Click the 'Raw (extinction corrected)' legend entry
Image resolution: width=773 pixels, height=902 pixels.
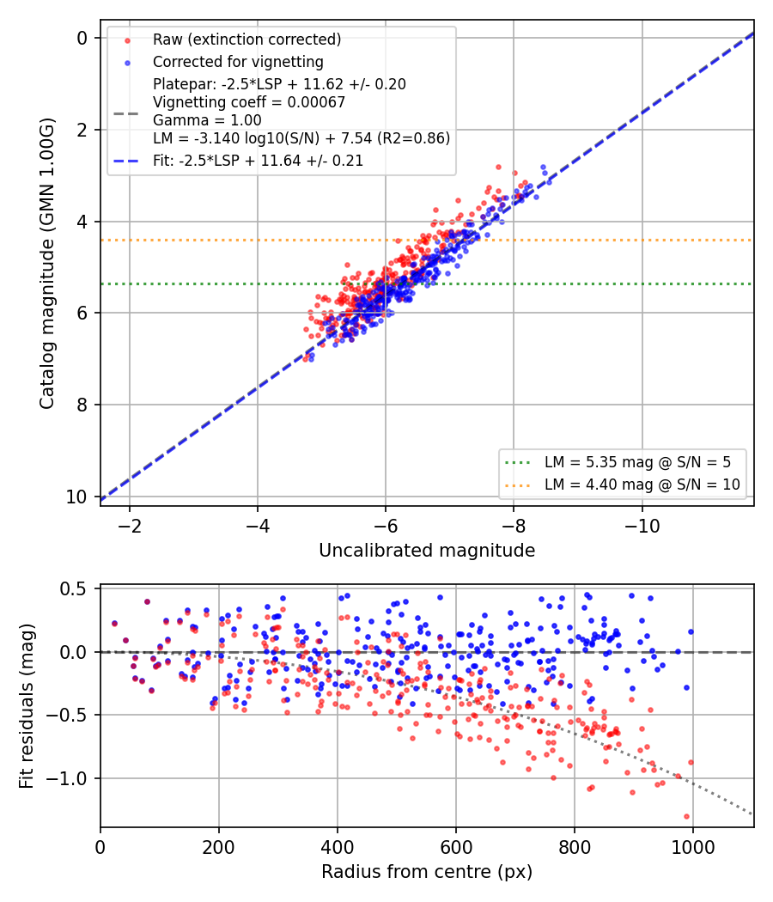click(x=247, y=40)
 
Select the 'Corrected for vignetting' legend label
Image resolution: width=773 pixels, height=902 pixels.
click(x=238, y=62)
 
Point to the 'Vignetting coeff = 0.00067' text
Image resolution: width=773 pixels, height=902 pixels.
click(x=249, y=102)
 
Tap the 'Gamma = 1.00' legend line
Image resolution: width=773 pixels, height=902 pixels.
click(x=207, y=120)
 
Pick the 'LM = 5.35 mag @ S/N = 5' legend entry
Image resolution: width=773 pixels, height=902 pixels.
click(x=638, y=462)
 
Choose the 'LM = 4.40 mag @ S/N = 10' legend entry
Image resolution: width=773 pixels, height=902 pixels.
click(x=642, y=485)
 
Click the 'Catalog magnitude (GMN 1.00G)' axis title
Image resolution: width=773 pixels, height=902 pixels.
click(x=46, y=264)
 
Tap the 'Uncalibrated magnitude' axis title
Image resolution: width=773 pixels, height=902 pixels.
click(x=427, y=551)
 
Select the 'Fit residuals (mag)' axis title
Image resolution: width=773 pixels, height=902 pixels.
click(x=26, y=706)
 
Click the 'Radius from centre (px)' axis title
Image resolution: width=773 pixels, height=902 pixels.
click(x=427, y=872)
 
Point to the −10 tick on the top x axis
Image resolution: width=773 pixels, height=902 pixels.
click(x=642, y=526)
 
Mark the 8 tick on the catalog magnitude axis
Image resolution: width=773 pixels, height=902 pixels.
click(x=82, y=405)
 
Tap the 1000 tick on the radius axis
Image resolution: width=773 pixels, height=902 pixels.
click(x=692, y=847)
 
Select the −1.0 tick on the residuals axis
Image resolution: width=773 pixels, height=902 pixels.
click(x=65, y=778)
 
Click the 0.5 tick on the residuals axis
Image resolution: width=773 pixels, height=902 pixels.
click(x=74, y=588)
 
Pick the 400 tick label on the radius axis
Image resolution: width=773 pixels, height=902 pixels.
click(x=337, y=847)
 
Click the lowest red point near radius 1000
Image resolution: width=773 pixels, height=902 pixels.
click(x=687, y=816)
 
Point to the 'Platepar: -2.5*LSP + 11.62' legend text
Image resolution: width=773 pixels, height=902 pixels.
click(x=279, y=84)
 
